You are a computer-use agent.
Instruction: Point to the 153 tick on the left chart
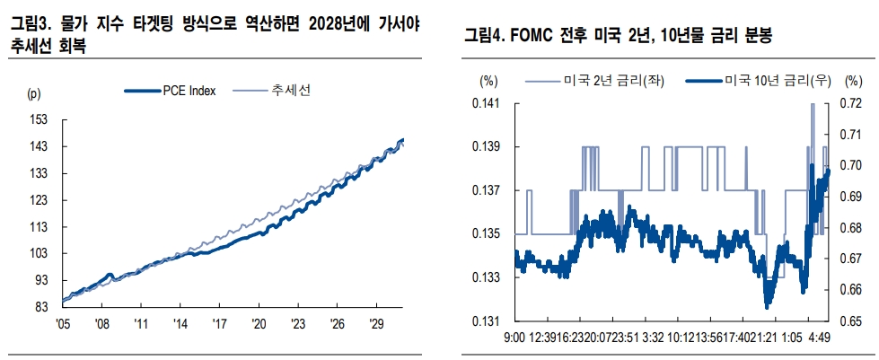(x=39, y=119)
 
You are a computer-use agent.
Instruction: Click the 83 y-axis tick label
(x=41, y=307)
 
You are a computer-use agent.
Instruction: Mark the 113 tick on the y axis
(x=39, y=226)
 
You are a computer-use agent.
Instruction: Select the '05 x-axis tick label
(x=63, y=323)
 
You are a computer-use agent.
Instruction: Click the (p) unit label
(x=34, y=92)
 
